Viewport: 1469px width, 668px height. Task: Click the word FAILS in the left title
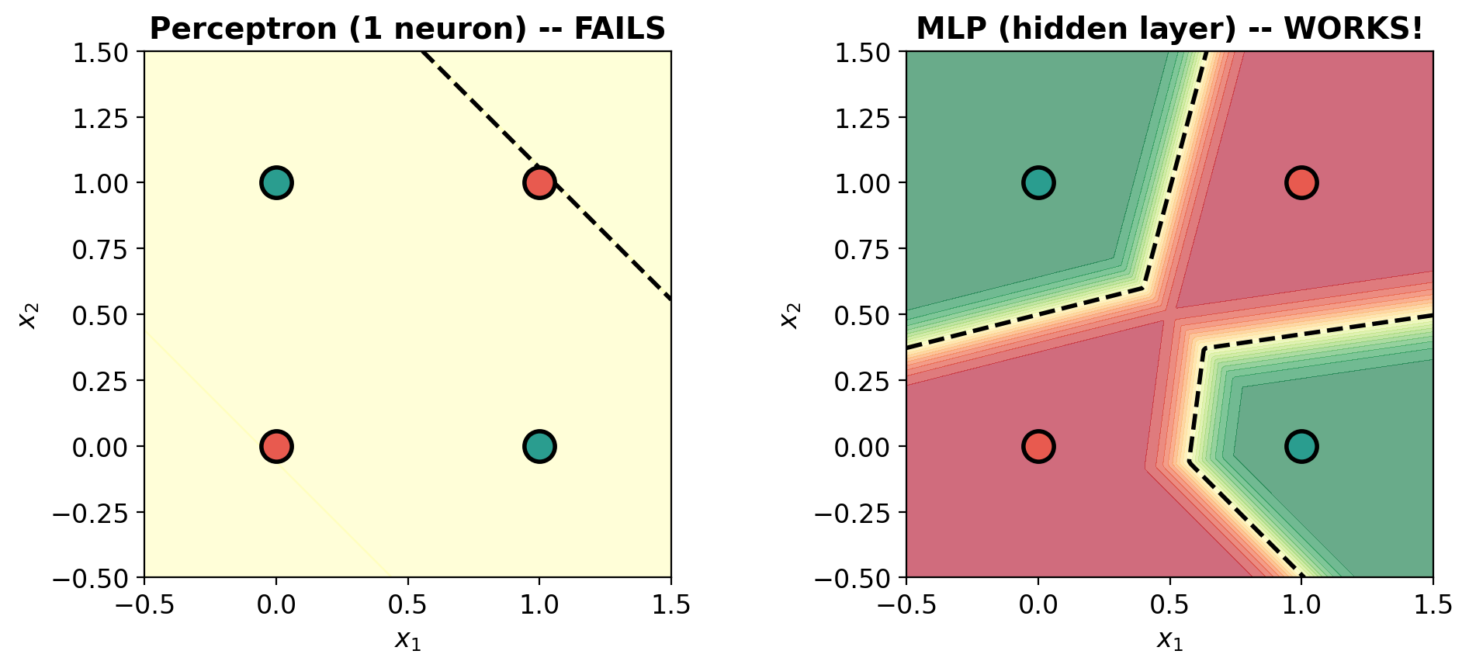(619, 29)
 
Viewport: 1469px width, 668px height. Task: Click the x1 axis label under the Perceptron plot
(407, 640)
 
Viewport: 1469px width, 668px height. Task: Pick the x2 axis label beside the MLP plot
(789, 315)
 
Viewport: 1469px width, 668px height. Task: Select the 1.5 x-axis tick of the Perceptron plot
(671, 604)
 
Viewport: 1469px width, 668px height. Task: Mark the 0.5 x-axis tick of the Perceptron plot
(407, 604)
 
